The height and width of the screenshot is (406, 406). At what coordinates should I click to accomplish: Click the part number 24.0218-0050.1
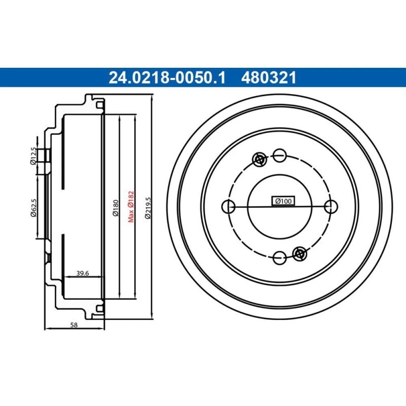pos(167,78)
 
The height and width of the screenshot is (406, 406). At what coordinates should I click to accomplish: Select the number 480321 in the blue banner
pos(269,78)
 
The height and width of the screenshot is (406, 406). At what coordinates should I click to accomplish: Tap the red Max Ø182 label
pos(131,207)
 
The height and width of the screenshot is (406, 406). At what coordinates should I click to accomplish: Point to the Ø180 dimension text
pos(115,207)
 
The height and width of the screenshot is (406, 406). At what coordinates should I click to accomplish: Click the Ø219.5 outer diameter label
pos(148,208)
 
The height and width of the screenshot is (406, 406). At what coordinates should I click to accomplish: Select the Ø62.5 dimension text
pos(34,207)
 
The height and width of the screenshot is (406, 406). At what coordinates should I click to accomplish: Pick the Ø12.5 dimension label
pos(33,156)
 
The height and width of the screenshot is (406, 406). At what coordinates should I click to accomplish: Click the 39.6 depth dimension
pos(82,273)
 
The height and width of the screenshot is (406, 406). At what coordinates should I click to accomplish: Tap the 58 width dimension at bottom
pos(74,325)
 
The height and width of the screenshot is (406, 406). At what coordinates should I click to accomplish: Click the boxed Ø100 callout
pos(283,201)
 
